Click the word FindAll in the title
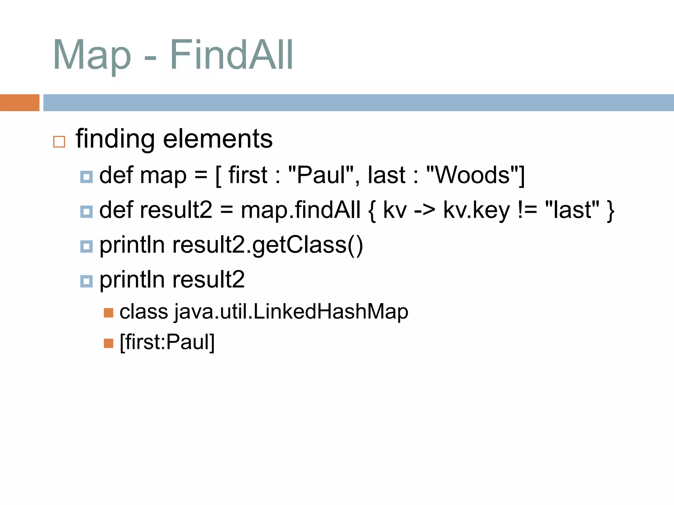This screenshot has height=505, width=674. point(231,55)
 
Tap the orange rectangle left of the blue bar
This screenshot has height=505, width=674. point(19,103)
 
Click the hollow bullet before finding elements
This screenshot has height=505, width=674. point(59,142)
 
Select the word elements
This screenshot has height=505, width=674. point(218,139)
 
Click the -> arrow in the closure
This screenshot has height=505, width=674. point(425,210)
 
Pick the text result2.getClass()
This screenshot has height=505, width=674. point(267,245)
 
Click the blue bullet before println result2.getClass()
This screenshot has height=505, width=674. point(87,246)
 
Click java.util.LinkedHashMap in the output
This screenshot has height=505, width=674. point(291,311)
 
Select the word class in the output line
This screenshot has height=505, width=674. point(143,311)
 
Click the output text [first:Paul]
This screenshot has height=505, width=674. point(167,342)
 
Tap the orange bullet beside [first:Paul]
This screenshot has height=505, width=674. point(108,343)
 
